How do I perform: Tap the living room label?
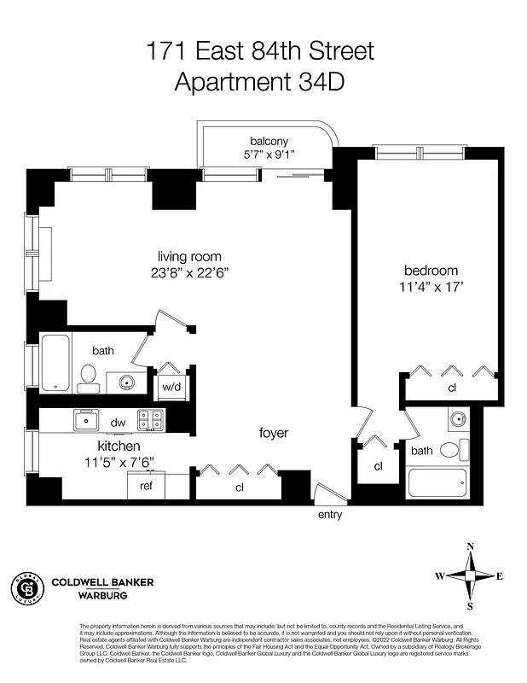point(189,256)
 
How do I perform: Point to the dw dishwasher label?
point(118,421)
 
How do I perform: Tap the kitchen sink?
point(86,419)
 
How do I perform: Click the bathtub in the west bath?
point(55,362)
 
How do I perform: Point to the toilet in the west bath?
point(87,377)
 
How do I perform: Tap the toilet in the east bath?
point(453,449)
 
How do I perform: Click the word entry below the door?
point(330,516)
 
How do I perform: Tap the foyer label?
point(274,434)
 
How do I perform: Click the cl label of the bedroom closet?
point(451,387)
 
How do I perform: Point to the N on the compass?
point(470,547)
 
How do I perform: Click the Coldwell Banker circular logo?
point(27,587)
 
